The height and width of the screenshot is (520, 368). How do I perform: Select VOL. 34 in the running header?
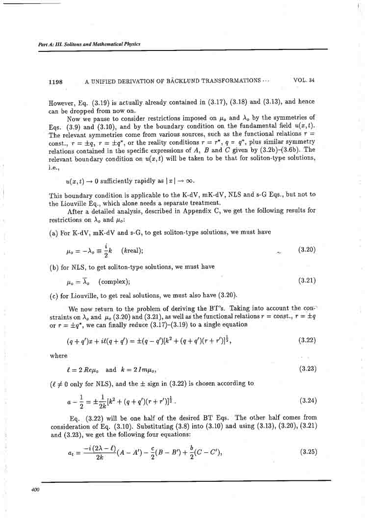coord(304,80)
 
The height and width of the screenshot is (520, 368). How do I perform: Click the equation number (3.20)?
coord(307,249)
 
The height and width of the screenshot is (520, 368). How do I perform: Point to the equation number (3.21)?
coord(307,281)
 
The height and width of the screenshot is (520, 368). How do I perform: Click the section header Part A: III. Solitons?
coord(89,44)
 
